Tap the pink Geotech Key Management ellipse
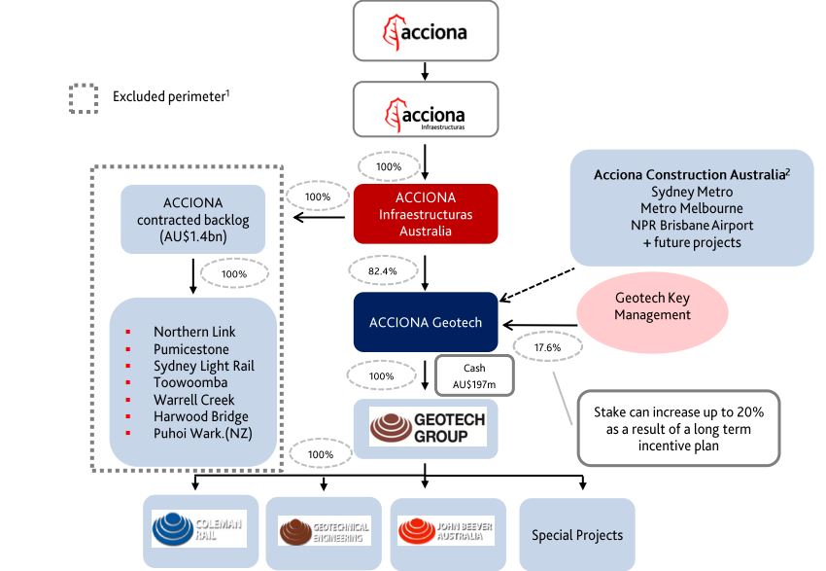[653, 306]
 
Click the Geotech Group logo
[426, 427]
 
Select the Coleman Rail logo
[200, 529]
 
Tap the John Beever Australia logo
[446, 531]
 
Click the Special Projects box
[576, 534]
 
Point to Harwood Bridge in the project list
[200, 416]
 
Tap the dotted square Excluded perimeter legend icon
[83, 97]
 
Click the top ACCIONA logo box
[426, 30]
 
